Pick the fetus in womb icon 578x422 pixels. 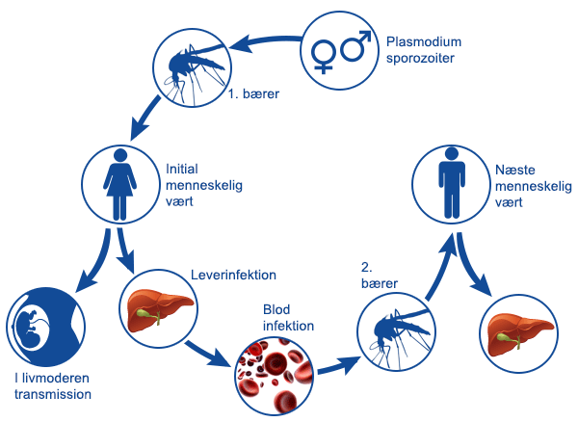pyautogui.click(x=40, y=328)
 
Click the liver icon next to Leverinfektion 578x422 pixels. pyautogui.click(x=156, y=309)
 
